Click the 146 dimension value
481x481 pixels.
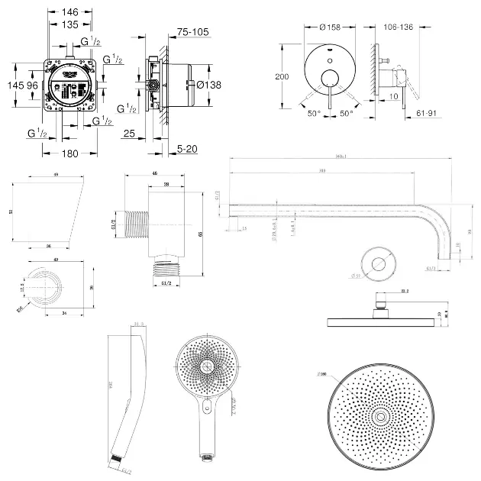(70, 12)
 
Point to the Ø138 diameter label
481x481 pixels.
(208, 85)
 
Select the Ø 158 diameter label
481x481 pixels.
(330, 27)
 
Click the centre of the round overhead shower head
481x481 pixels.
(379, 416)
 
